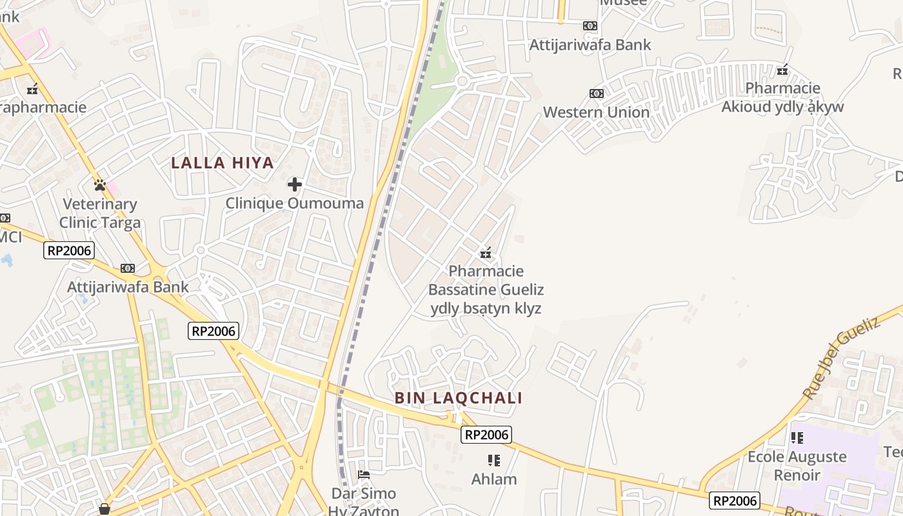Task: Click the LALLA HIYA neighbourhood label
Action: pos(223,163)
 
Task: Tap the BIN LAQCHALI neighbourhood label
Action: pos(459,398)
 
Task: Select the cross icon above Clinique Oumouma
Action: pos(295,185)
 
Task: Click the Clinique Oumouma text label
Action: pos(294,204)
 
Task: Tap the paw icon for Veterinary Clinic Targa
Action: pos(100,185)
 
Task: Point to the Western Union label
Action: pos(596,112)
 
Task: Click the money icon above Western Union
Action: pos(597,94)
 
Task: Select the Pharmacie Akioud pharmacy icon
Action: pos(782,70)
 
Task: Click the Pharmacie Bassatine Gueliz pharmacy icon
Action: pos(486,253)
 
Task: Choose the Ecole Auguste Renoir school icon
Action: pos(797,438)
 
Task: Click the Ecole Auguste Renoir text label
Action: pos(797,466)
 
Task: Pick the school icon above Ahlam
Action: pos(494,461)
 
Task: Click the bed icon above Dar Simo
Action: pos(364,475)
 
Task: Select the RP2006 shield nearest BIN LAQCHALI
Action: pos(487,435)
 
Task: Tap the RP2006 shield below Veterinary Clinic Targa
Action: pos(69,250)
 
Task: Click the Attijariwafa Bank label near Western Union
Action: pos(590,45)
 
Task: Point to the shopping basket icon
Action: pos(104,510)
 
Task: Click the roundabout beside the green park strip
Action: pos(461,81)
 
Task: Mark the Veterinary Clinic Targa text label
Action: pos(100,214)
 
